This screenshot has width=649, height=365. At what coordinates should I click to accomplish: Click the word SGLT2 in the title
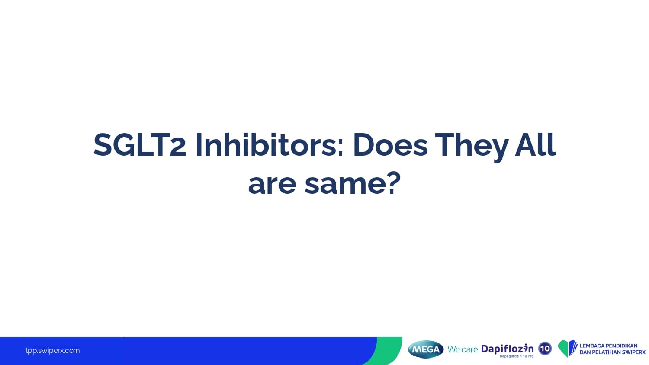pyautogui.click(x=140, y=144)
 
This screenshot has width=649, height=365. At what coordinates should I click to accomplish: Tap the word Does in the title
pyautogui.click(x=390, y=144)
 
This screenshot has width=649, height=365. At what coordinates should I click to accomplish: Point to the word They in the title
pyautogui.click(x=472, y=147)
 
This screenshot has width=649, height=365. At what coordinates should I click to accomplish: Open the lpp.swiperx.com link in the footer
pyautogui.click(x=53, y=351)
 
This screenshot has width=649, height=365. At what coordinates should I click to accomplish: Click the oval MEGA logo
pyautogui.click(x=426, y=349)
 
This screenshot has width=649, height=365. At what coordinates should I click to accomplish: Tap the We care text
pyautogui.click(x=463, y=349)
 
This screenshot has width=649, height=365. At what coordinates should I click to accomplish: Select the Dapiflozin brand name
pyautogui.click(x=508, y=349)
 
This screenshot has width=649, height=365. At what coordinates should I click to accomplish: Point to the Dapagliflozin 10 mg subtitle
pyautogui.click(x=516, y=356)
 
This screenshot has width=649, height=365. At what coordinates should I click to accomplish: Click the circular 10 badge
pyautogui.click(x=545, y=349)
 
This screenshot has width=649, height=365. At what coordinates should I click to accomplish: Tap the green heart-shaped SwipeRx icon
pyautogui.click(x=567, y=349)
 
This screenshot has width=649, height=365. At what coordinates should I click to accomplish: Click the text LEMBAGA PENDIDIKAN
pyautogui.click(x=608, y=346)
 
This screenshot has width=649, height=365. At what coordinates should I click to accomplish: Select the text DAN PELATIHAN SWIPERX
pyautogui.click(x=613, y=352)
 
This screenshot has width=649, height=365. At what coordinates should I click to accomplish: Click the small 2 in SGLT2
pyautogui.click(x=177, y=149)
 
